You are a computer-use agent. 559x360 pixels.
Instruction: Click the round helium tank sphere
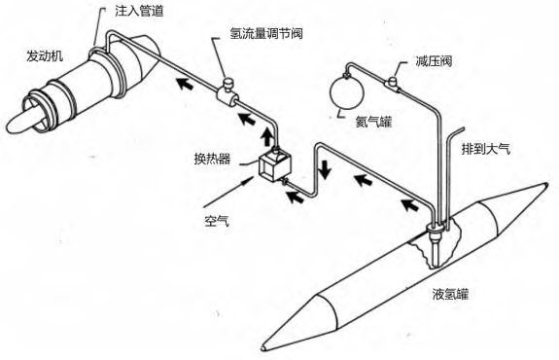(x=347, y=93)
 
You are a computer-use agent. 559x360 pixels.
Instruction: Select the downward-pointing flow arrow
(x=323, y=165)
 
